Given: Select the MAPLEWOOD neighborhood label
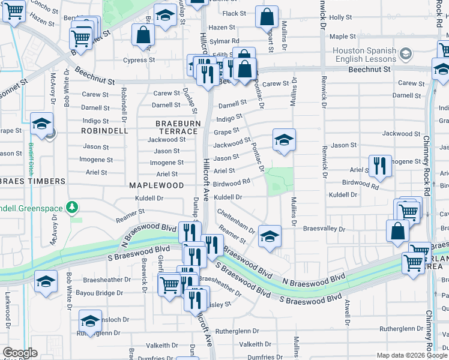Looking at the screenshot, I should (156, 185).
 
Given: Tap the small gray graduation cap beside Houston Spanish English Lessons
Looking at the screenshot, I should (406, 55).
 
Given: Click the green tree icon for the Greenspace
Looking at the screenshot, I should (73, 207).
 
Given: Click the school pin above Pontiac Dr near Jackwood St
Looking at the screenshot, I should (284, 142).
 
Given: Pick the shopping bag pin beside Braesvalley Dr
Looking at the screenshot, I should (397, 232).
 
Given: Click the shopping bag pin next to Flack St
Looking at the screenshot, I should (267, 18).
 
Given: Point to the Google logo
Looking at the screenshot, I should (20, 353).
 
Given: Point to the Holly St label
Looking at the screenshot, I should (340, 18).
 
